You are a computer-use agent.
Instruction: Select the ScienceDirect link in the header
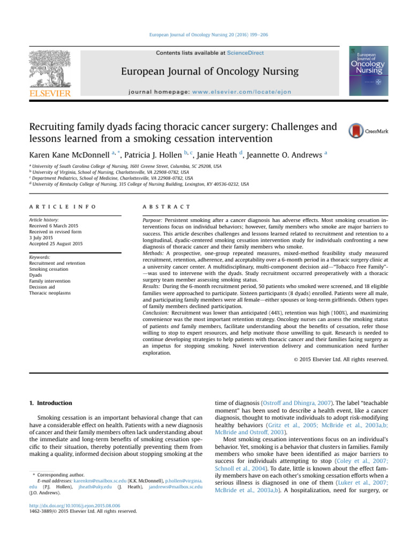pos(246,53)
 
